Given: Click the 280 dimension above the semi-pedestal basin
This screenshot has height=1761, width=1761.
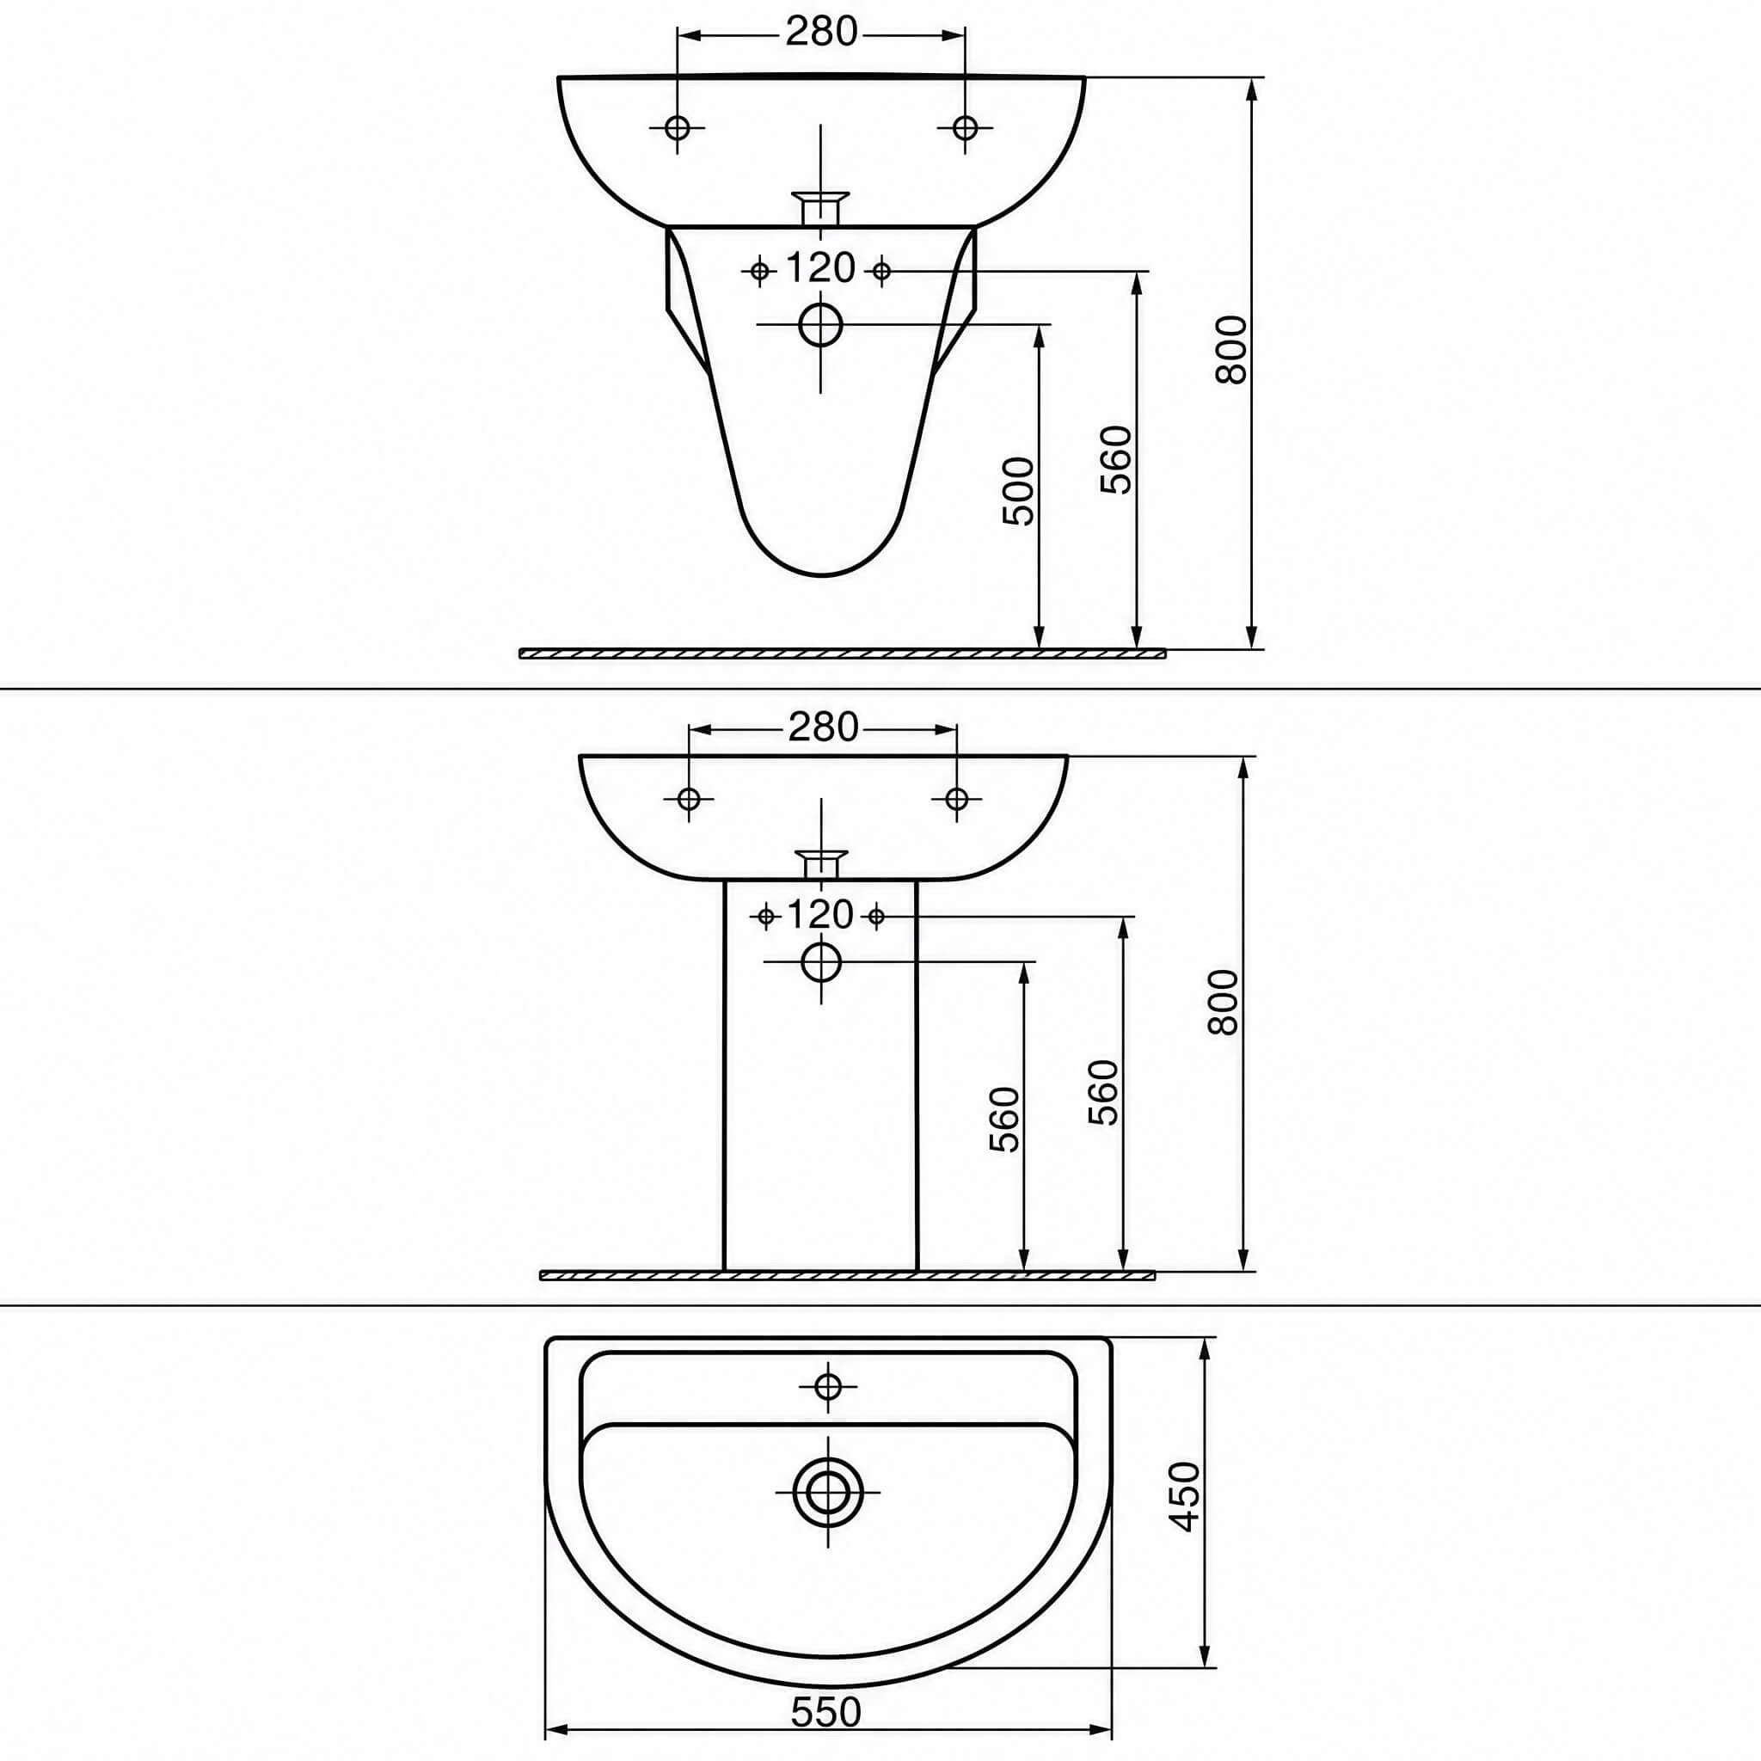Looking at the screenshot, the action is click(821, 33).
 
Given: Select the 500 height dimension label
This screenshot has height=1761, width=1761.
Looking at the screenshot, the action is click(1019, 491).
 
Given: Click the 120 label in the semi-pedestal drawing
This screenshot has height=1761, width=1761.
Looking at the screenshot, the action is click(820, 269).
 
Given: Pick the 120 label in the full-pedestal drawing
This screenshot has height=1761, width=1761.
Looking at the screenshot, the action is click(820, 914).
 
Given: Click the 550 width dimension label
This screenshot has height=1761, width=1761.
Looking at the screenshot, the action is click(825, 1714).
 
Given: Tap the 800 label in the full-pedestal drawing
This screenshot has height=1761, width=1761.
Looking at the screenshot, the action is click(1224, 1002).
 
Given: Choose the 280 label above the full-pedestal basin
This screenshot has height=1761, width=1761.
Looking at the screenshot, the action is click(823, 727).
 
